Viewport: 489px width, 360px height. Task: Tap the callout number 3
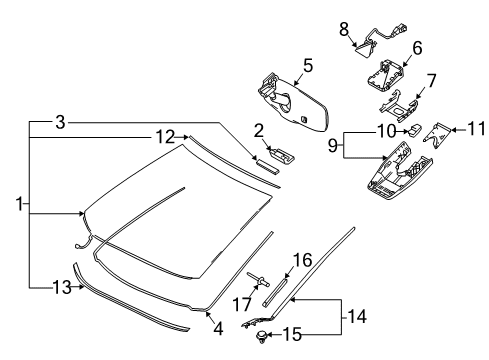(x=60, y=122)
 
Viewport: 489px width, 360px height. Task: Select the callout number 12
(x=164, y=135)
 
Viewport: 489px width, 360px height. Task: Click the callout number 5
(x=308, y=66)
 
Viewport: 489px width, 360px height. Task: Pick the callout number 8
(x=416, y=47)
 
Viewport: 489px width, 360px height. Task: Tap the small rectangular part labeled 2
(x=277, y=154)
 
